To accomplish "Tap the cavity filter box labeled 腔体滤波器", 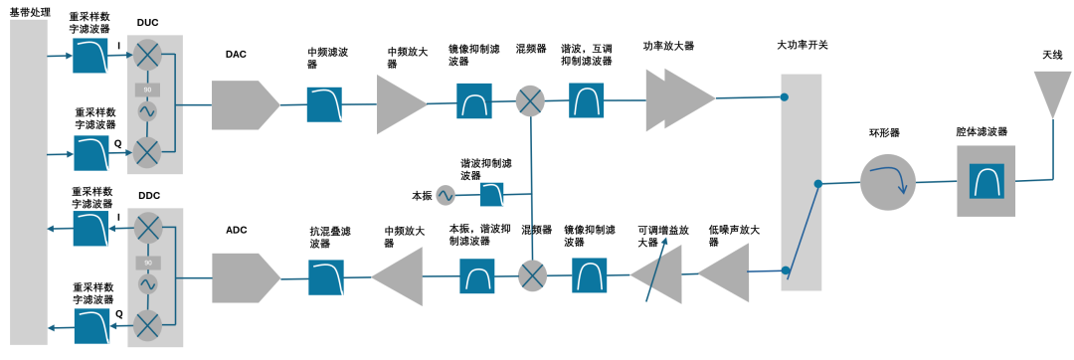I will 986,181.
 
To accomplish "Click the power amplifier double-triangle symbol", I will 680,98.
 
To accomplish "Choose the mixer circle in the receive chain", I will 533,274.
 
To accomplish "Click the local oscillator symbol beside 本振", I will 445,195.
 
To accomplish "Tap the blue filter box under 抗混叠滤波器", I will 325,276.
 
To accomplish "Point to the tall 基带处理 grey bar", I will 28,180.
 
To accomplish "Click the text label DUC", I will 147,23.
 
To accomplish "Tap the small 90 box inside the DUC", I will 147,90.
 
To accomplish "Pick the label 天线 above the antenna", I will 1052,55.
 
